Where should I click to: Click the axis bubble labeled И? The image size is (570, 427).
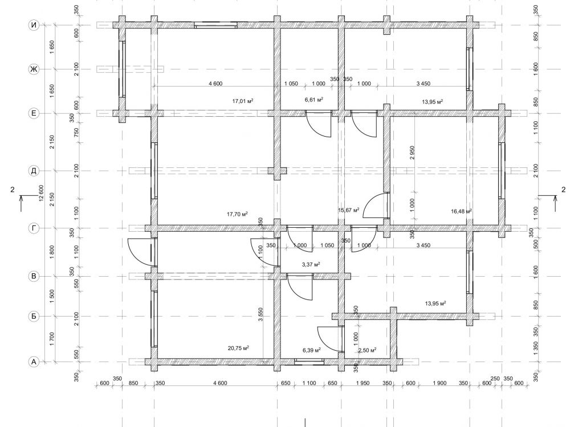pos(34,25)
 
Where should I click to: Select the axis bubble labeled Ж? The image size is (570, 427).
pos(34,69)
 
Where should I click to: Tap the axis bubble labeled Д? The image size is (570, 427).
pos(34,171)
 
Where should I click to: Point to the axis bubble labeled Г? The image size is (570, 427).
pos(34,228)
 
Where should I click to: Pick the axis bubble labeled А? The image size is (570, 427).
pos(34,362)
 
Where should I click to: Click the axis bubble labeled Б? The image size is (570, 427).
pos(34,316)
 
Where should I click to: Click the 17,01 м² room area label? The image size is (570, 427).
pos(243,101)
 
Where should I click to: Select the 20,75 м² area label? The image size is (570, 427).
pos(238,348)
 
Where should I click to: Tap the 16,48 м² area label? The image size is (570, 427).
pos(461,211)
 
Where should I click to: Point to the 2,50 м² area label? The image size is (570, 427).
pos(367,350)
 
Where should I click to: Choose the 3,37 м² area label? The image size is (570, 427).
pos(311,264)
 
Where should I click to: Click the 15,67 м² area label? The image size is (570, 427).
pos(349,210)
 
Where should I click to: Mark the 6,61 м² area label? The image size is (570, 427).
pos(314,100)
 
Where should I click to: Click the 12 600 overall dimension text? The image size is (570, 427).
pos(41,193)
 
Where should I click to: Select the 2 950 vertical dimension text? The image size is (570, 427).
pos(412,153)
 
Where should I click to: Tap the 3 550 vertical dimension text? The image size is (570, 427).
pos(261,314)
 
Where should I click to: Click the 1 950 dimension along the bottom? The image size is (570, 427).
pos(363,383)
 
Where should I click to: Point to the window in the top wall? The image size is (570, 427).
pos(215,25)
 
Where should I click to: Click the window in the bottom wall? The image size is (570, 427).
pos(309,362)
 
